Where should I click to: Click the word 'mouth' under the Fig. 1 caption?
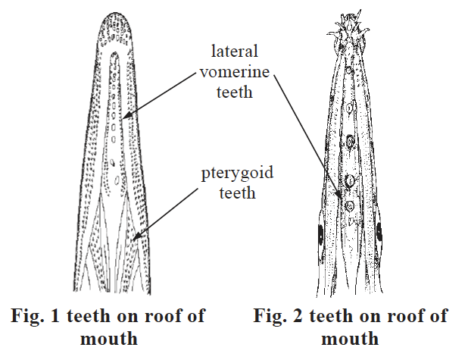pyautogui.click(x=111, y=337)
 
